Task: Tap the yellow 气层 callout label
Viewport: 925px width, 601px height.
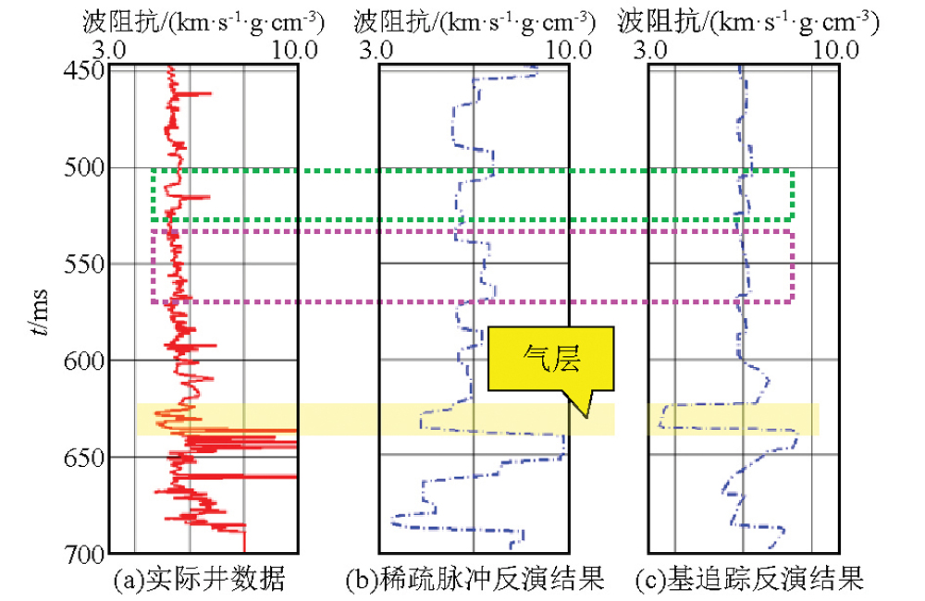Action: click(550, 359)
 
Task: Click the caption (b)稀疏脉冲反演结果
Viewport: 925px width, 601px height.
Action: click(475, 580)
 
